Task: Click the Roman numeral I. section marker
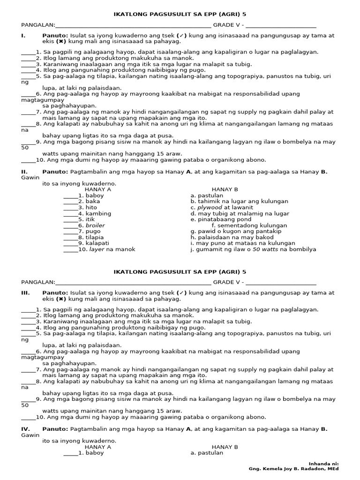pos(23,36)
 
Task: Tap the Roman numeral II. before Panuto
pos(24,172)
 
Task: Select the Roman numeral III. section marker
pos(25,293)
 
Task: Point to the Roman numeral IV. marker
pos(25,429)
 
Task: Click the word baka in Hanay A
pos(93,202)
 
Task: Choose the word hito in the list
pos(91,208)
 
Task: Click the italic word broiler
pos(95,225)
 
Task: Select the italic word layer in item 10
pos(97,249)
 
